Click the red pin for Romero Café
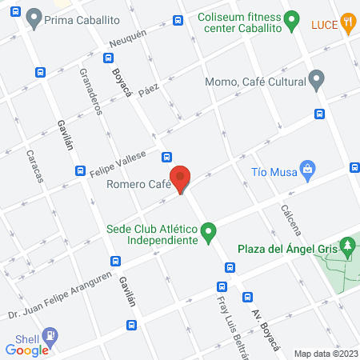coord(181,178)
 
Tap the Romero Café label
coord(138,185)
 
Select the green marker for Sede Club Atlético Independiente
coord(209,234)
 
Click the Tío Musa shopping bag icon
coord(307,169)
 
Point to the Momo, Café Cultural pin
coord(317,80)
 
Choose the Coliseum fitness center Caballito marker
coord(293,16)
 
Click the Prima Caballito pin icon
coord(34,16)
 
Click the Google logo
coord(27,350)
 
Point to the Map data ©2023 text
coord(324,353)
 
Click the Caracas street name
coord(35,166)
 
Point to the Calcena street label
coord(290,220)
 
